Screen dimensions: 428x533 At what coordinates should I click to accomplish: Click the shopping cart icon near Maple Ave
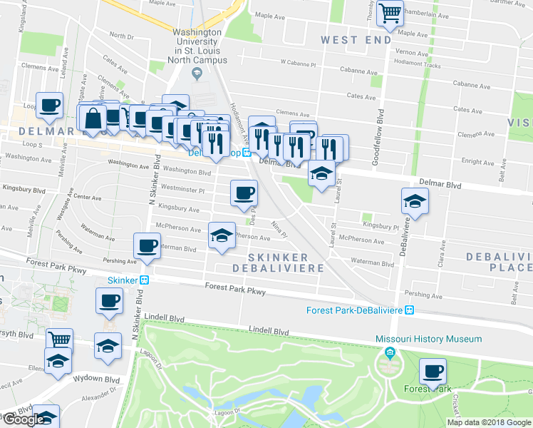tap(390, 13)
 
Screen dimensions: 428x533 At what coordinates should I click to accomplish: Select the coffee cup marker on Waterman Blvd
tap(148, 246)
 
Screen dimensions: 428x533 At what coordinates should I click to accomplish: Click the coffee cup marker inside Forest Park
tap(433, 371)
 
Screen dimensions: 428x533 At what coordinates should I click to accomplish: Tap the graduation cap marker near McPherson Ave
tap(222, 235)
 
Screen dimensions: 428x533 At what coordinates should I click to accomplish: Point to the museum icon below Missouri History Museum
tap(390, 352)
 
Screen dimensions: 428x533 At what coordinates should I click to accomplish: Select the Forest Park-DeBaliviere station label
tap(355, 310)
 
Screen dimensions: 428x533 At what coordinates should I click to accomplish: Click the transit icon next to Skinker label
tap(143, 280)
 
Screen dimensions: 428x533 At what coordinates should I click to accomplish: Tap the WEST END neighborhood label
tap(356, 40)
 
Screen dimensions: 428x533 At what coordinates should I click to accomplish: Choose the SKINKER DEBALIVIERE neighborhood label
tap(279, 263)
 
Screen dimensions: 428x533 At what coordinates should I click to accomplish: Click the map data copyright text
tap(489, 422)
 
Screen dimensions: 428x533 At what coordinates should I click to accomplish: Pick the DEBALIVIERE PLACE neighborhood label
tap(499, 262)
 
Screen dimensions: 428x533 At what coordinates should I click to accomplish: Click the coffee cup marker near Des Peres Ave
tap(244, 193)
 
